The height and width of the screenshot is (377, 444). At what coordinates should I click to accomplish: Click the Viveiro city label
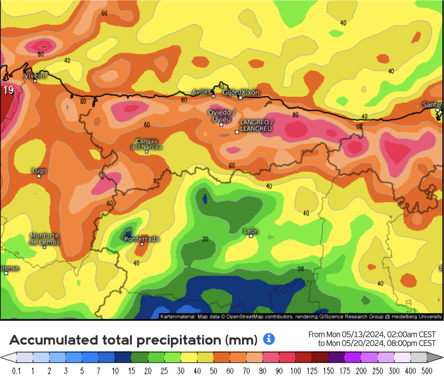(x=35, y=75)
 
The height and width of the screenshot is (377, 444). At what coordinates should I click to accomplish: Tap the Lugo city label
(x=39, y=171)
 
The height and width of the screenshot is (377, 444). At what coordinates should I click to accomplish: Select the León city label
(x=251, y=231)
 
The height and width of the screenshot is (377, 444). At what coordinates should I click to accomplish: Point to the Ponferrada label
(x=142, y=239)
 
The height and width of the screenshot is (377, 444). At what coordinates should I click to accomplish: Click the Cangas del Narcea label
(x=146, y=144)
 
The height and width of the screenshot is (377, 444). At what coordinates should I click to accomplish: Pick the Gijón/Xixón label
(x=241, y=92)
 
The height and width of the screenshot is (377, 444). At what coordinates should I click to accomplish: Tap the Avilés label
(x=201, y=92)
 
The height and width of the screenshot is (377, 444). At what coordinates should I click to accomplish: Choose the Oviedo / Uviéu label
(x=222, y=116)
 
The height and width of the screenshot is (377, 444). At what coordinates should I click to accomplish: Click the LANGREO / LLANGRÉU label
(x=256, y=125)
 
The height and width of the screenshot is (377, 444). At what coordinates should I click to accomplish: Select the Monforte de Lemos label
(x=44, y=239)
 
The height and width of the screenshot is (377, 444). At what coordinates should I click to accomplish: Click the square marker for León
(x=251, y=236)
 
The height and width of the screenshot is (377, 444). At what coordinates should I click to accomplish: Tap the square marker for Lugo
(x=39, y=176)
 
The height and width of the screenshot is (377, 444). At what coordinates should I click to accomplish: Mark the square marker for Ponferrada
(x=142, y=244)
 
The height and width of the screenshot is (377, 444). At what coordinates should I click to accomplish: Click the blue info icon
(x=269, y=339)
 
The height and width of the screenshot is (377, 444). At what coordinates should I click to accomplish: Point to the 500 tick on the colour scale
(x=426, y=371)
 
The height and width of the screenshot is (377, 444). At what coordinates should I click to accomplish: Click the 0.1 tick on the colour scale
(x=16, y=371)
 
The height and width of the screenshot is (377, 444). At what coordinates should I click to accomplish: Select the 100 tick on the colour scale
(x=296, y=371)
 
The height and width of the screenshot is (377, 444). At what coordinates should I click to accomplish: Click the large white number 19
(x=8, y=90)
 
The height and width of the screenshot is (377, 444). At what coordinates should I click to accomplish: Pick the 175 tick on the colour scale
(x=345, y=371)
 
